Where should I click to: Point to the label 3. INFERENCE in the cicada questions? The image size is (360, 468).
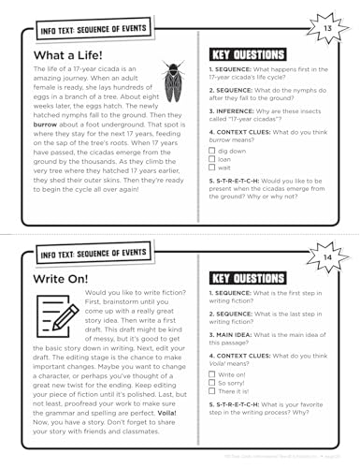pos(234,110)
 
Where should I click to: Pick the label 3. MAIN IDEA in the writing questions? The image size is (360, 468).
pos(235,333)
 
